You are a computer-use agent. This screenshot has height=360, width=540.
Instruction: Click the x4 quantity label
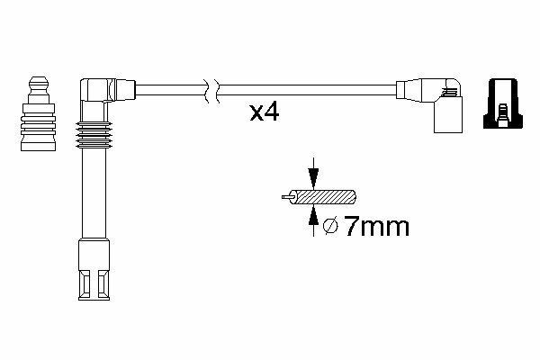[264, 112]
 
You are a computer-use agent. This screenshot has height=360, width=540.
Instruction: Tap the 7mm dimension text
[377, 227]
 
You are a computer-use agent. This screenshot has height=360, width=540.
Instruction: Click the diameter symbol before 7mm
[330, 226]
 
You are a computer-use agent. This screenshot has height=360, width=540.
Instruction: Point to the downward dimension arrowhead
[313, 179]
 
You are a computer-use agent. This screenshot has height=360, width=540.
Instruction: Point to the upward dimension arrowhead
[313, 214]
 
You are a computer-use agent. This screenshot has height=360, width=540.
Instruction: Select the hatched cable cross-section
[322, 197]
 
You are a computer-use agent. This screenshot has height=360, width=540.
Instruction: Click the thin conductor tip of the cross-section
[287, 197]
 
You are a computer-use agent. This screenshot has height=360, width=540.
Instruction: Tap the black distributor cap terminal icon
[503, 103]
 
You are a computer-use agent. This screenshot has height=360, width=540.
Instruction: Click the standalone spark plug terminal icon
[38, 113]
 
